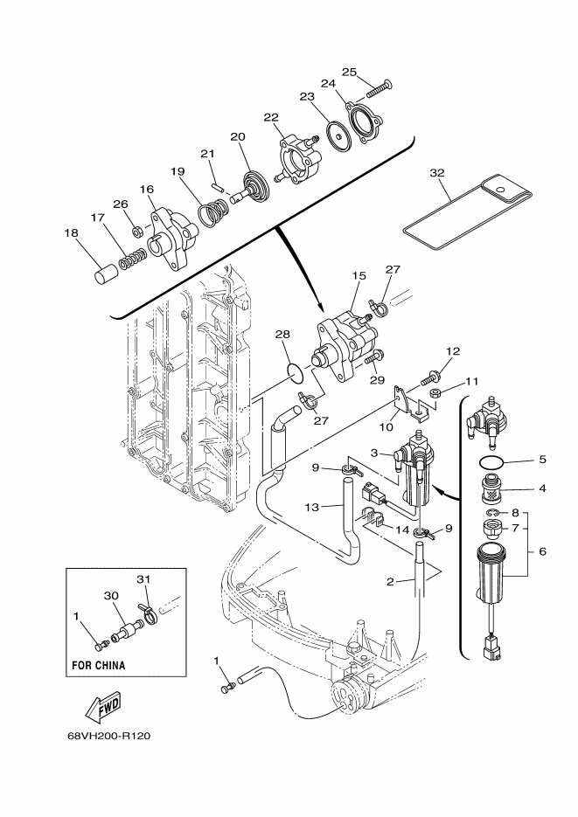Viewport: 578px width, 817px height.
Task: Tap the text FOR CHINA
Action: tap(99, 665)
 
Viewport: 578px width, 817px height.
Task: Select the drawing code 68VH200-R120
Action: tap(109, 737)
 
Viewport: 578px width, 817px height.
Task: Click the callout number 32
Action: tap(437, 172)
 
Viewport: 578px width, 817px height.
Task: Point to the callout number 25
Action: tap(349, 72)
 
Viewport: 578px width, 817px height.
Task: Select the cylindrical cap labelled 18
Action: tap(107, 273)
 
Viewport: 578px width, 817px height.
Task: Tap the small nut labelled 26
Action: tap(137, 229)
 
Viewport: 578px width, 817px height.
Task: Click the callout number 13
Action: tap(311, 507)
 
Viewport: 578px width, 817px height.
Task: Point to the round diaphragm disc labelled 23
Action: tap(338, 135)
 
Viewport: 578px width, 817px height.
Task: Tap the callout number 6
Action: tap(542, 551)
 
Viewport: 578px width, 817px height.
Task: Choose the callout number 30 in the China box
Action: tap(111, 596)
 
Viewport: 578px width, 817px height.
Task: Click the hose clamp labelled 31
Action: tap(145, 611)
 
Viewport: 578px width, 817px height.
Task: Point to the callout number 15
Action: tap(359, 275)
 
